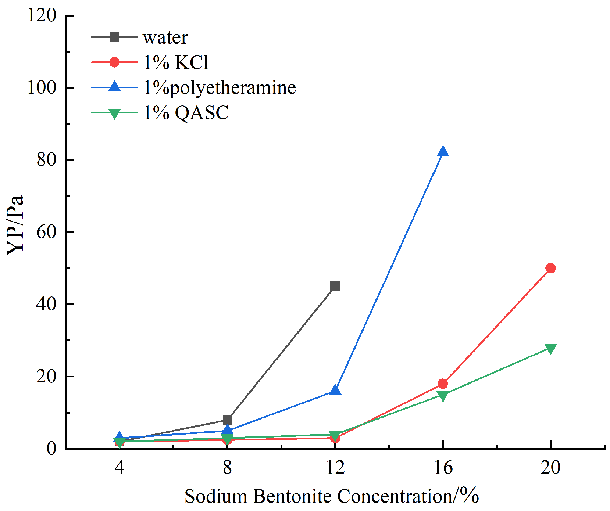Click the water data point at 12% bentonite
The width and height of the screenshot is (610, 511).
[335, 286]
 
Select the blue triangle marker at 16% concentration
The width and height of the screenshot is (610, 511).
[443, 152]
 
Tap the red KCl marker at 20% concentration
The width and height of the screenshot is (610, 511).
[550, 268]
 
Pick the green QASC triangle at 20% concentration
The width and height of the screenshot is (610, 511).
[550, 348]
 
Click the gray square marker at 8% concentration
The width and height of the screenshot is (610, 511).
[227, 420]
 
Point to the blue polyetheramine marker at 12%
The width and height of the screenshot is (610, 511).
[335, 390]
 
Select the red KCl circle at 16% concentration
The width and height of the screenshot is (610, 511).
[443, 384]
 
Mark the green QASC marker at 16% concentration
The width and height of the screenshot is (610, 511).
[443, 395]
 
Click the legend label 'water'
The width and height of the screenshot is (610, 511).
[165, 37]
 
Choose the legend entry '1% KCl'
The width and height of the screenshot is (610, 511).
[176, 62]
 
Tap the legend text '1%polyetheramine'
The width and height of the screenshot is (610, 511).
[220, 87]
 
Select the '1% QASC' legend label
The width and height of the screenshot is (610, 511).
[186, 112]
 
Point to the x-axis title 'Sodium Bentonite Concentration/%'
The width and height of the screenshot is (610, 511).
[332, 496]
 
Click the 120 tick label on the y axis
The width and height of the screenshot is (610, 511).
[42, 15]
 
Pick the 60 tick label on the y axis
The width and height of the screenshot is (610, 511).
[46, 232]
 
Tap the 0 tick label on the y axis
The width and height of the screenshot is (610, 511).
[51, 449]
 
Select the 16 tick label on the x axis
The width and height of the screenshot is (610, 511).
[443, 468]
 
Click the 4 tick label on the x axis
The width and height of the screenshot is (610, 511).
[119, 468]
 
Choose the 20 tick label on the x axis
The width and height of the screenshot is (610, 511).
[550, 468]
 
